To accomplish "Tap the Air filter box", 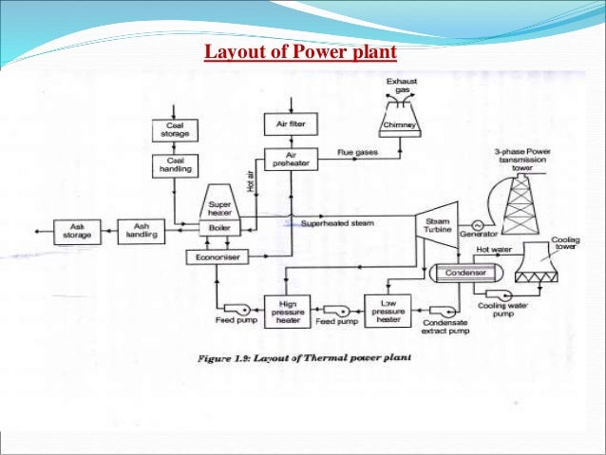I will pyautogui.click(x=289, y=123).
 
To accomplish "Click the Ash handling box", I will pyautogui.click(x=140, y=230).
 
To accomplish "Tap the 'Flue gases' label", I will pyautogui.click(x=357, y=152).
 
